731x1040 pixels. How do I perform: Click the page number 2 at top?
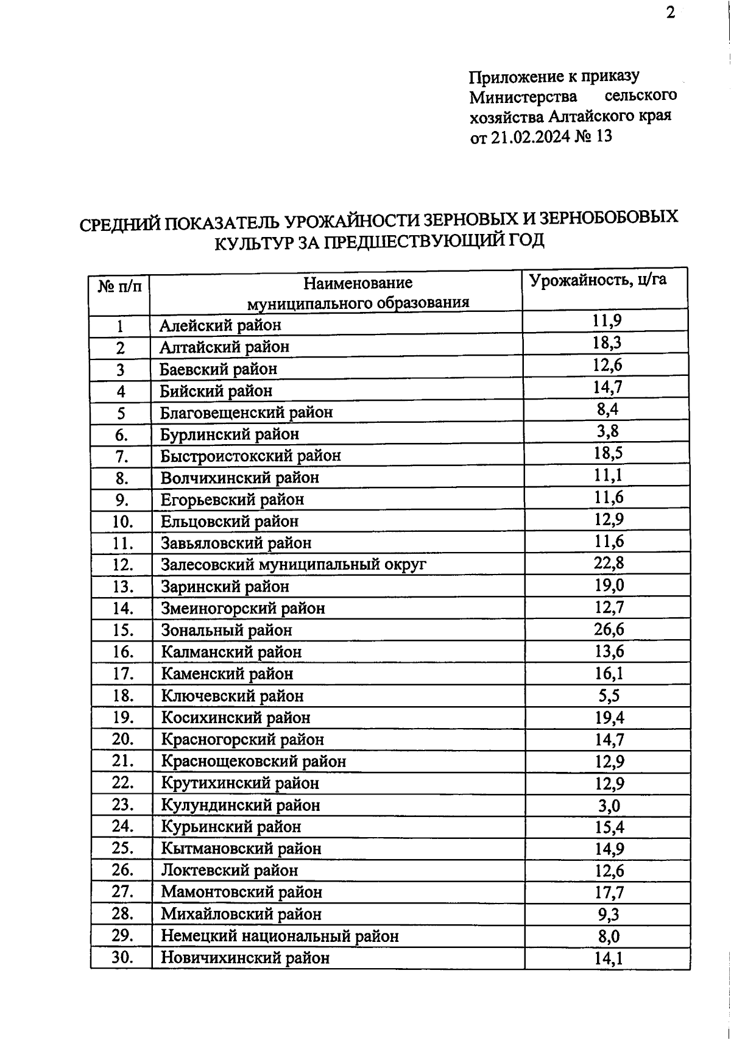(x=670, y=13)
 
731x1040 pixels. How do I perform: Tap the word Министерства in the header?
(x=523, y=96)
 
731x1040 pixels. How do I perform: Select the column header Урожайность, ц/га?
(x=598, y=281)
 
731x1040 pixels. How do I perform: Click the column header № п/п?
(x=119, y=285)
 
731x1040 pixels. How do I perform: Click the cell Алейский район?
(x=220, y=325)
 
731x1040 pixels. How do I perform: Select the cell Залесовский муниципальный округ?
(x=293, y=565)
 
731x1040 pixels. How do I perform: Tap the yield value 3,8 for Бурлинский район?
(x=608, y=432)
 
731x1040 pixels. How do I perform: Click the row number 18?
(x=122, y=695)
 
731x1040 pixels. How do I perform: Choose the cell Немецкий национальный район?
(x=280, y=936)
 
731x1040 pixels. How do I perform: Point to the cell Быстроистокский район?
(x=250, y=456)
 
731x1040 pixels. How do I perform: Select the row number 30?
(x=122, y=957)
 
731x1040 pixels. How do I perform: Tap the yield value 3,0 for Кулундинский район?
(x=608, y=805)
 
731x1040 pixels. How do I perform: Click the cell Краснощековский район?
(x=253, y=762)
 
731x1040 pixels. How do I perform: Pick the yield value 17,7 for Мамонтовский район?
(x=608, y=893)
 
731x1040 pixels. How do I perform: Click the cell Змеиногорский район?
(x=242, y=609)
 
